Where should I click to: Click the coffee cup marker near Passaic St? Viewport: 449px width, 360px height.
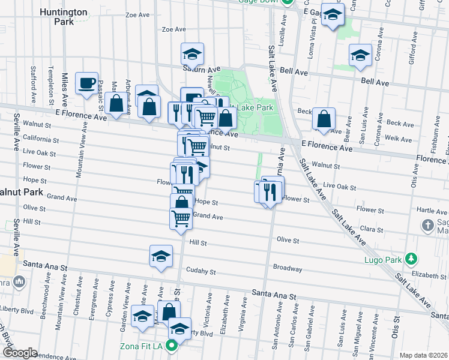coord(86,83)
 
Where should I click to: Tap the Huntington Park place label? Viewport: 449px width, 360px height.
coord(65,16)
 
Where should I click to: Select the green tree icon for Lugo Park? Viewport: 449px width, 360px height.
coord(411,259)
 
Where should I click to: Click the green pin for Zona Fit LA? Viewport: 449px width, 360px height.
coord(172,346)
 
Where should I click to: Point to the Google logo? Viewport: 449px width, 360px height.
coord(20,353)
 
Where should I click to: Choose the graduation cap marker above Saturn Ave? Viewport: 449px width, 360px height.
coord(193,55)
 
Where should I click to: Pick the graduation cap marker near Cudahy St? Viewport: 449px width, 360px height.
coord(161,257)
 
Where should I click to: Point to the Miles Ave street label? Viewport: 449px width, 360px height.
coord(64,86)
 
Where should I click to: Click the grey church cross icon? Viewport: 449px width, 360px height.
coord(427,226)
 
